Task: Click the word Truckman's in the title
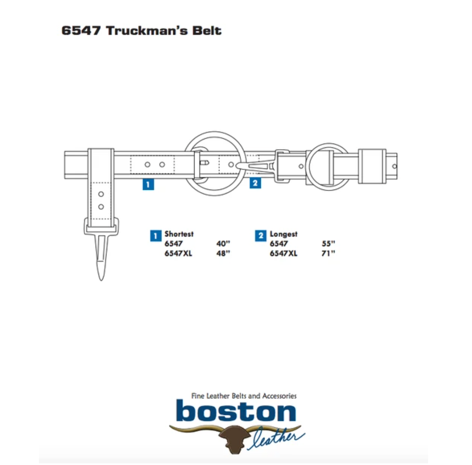click(147, 30)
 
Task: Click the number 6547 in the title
click(81, 30)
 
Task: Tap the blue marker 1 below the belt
click(148, 185)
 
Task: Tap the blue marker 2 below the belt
click(255, 183)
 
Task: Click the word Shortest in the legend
click(179, 234)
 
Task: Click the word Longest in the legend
click(284, 234)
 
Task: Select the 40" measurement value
click(223, 243)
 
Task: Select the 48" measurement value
click(223, 253)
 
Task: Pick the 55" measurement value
click(328, 243)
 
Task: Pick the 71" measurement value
click(328, 253)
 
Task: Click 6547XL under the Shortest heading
click(178, 253)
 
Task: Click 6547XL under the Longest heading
click(284, 253)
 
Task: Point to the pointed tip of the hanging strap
click(101, 280)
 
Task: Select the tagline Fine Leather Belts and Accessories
click(244, 396)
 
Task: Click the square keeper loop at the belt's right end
click(372, 166)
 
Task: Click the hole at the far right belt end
click(395, 166)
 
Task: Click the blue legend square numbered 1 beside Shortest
click(156, 236)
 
